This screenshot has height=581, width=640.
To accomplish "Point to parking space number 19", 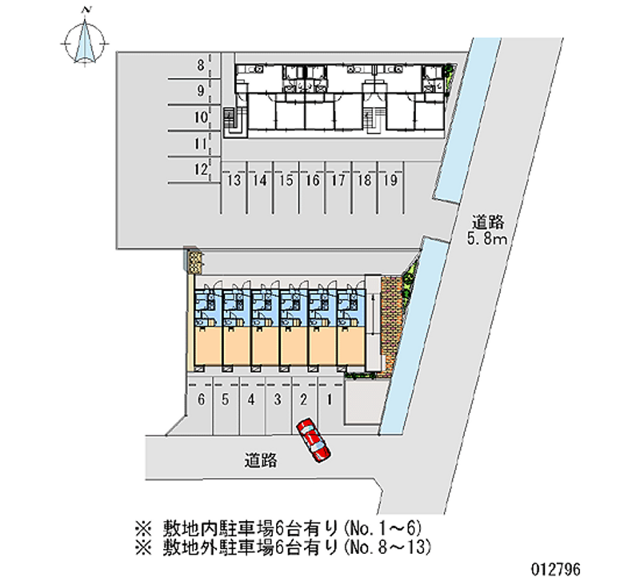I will tap(390, 181).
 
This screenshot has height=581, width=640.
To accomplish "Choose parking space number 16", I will tap(312, 181).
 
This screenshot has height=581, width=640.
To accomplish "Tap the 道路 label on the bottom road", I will tap(261, 460).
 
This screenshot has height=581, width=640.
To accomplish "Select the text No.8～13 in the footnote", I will tap(388, 547).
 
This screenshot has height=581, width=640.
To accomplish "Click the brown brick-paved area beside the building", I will tap(391, 320).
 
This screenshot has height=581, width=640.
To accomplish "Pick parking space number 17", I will tap(338, 181).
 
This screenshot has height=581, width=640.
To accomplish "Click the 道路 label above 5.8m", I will tap(488, 221).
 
